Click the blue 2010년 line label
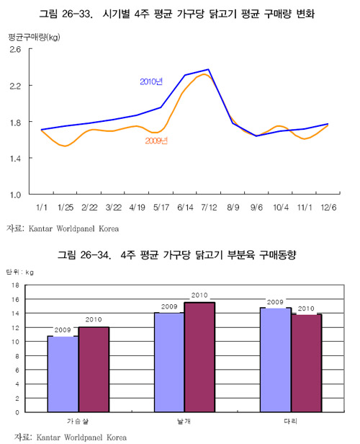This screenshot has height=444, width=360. (x=151, y=82)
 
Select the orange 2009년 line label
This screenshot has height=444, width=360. (x=156, y=141)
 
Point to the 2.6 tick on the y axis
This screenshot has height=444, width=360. (x=15, y=50)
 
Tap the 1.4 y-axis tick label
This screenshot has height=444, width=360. (x=15, y=159)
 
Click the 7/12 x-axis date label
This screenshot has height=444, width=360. (x=209, y=208)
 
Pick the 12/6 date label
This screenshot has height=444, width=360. (x=328, y=208)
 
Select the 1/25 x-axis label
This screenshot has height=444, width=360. (x=66, y=208)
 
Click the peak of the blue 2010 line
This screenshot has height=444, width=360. (x=208, y=69)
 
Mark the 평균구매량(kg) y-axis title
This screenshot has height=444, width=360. (x=34, y=37)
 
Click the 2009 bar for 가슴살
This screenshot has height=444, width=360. (x=63, y=374)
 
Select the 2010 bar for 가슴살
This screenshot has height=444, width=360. (x=94, y=369)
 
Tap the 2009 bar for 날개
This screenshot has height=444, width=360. (x=169, y=362)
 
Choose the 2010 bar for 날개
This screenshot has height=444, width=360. (x=199, y=357)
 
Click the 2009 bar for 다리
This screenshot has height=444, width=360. (x=276, y=360)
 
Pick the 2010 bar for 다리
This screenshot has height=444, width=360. (x=306, y=363)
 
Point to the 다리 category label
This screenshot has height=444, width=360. (x=290, y=422)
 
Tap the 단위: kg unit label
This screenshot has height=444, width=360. (x=19, y=272)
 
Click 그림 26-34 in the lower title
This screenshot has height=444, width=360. (x=84, y=255)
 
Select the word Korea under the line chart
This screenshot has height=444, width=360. (x=109, y=228)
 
